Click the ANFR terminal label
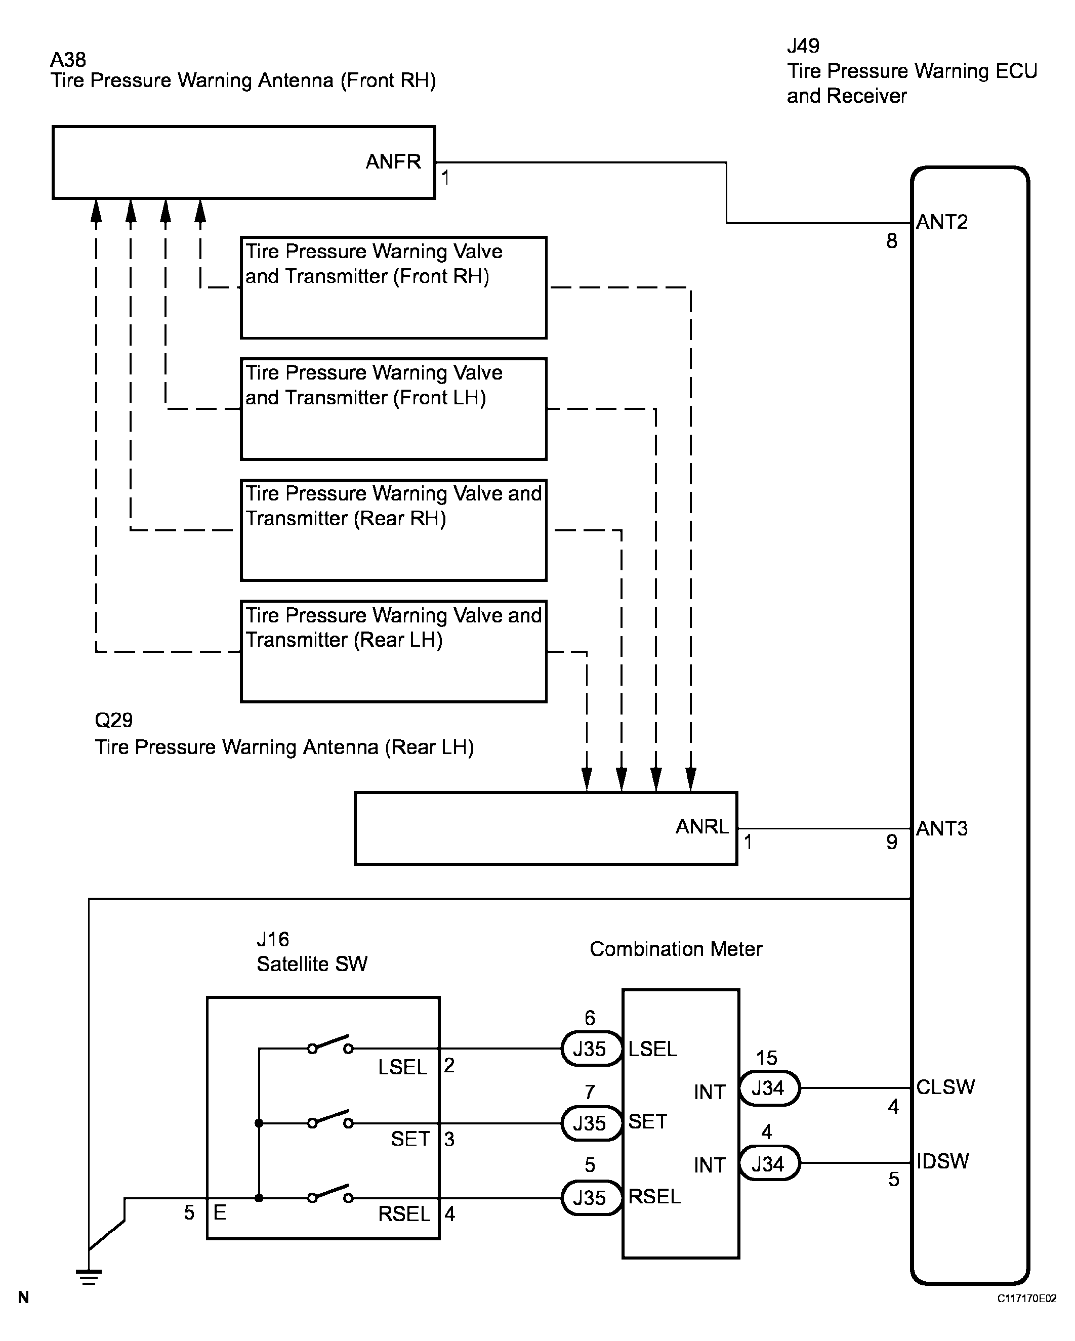393,162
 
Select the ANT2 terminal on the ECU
942,222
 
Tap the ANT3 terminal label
942,828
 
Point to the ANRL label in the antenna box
701,827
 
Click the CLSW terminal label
945,1086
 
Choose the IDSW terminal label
942,1161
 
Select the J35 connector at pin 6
590,1049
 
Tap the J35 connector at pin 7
590,1123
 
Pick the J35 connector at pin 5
590,1197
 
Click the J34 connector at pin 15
768,1088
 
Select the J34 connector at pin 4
768,1163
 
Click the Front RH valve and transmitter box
393,287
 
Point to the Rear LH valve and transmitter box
393,651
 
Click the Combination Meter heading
676,949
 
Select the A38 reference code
68,60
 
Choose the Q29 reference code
113,720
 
